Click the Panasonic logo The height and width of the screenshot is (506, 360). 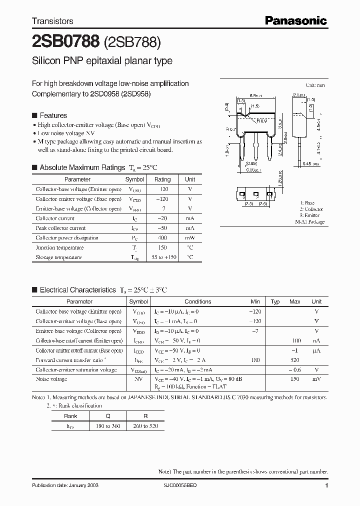pyautogui.click(x=295, y=20)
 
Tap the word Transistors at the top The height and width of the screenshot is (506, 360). pyautogui.click(x=52, y=21)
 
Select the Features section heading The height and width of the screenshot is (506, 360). pyautogui.click(x=53, y=115)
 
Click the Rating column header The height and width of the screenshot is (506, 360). pyautogui.click(x=162, y=179)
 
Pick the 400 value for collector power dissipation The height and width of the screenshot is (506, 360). pyautogui.click(x=162, y=238)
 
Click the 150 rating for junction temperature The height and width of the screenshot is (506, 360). pyautogui.click(x=162, y=247)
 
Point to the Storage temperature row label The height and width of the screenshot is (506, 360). pyautogui.click(x=58, y=257)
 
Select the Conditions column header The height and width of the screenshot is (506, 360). pyautogui.click(x=197, y=302)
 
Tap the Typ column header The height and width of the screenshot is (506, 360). pyautogui.click(x=275, y=302)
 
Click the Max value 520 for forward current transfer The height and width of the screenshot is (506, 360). pyautogui.click(x=295, y=360)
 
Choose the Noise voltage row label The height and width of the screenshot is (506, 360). pyautogui.click(x=51, y=379)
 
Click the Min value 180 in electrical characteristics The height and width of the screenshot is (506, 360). pyautogui.click(x=255, y=360)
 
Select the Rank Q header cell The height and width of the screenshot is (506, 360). pyautogui.click(x=108, y=415)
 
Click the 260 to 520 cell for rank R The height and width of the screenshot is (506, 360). pyautogui.click(x=145, y=425)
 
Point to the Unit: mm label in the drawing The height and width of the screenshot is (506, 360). pyautogui.click(x=315, y=86)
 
